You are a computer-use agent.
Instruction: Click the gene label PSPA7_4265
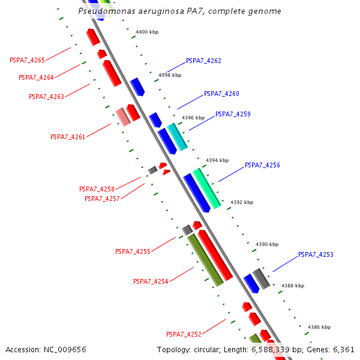pyautogui.click(x=27, y=60)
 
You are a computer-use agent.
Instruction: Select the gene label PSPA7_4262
pyautogui.click(x=203, y=61)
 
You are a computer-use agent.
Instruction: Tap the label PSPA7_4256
pyautogui.click(x=262, y=165)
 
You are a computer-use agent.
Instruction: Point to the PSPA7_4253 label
pyautogui.click(x=316, y=254)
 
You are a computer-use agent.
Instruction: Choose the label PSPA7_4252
pyautogui.click(x=184, y=334)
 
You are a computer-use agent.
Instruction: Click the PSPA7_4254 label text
pyautogui.click(x=151, y=281)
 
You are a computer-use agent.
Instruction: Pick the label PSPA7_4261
pyautogui.click(x=68, y=137)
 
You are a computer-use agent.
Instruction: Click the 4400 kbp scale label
pyautogui.click(x=147, y=32)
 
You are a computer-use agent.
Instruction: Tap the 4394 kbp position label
pyautogui.click(x=217, y=160)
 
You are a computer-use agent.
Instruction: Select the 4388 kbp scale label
pyautogui.click(x=293, y=286)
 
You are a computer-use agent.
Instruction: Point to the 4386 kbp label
pyautogui.click(x=319, y=327)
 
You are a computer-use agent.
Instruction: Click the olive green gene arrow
pyautogui.click(x=205, y=260)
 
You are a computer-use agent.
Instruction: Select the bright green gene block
pyautogui.click(x=206, y=188)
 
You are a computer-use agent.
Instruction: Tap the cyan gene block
pyautogui.click(x=177, y=137)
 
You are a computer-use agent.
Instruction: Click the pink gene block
pyautogui.click(x=123, y=116)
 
